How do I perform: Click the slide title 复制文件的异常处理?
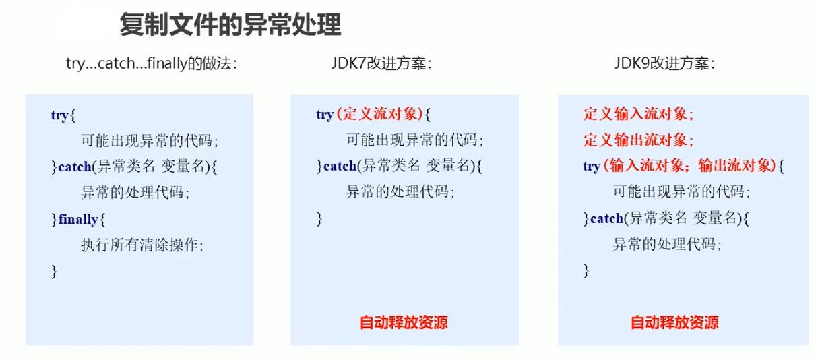[x=230, y=26]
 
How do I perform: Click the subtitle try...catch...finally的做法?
[x=151, y=63]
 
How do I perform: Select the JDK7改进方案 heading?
[x=381, y=63]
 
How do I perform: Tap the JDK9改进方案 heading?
[x=664, y=63]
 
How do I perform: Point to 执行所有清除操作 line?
[x=141, y=245]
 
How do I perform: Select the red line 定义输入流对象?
[x=638, y=115]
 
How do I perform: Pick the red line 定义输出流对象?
[x=638, y=140]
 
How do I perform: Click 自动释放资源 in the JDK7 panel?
[x=404, y=322]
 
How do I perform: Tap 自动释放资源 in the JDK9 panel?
[x=674, y=322]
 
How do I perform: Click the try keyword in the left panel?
[x=59, y=115]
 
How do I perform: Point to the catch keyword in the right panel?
[x=606, y=218]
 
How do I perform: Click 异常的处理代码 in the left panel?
[x=135, y=193]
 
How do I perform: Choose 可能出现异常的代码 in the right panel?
[x=681, y=192]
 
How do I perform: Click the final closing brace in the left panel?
[x=54, y=272]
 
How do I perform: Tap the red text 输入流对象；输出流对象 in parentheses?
[x=691, y=166]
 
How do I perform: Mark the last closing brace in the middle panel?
[x=319, y=219]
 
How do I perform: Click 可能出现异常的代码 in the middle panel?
[x=414, y=141]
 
